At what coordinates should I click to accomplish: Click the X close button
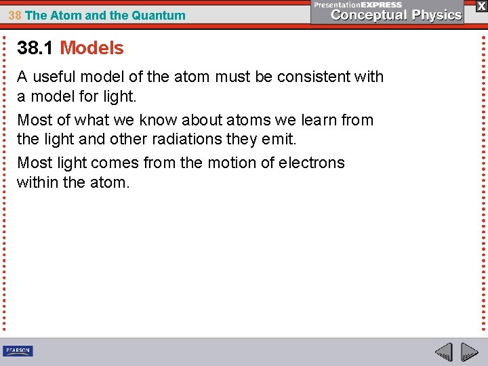click(481, 6)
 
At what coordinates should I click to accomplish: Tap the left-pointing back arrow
click(443, 352)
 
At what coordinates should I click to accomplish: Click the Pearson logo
click(18, 351)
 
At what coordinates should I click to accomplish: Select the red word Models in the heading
click(91, 48)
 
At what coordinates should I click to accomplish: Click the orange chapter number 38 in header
click(14, 16)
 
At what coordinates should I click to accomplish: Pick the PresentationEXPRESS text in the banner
click(357, 5)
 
